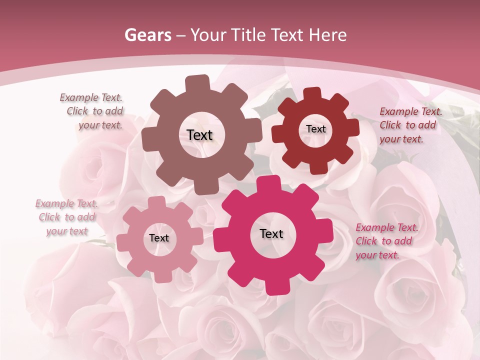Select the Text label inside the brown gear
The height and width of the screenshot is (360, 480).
tap(199, 135)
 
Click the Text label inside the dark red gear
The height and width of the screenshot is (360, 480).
tap(315, 129)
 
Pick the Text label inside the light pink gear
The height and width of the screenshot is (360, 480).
tap(159, 238)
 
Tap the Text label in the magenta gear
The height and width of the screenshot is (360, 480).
tap(271, 233)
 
